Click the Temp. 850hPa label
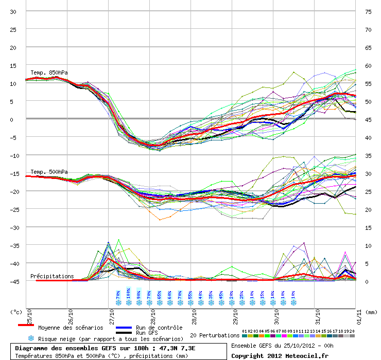coord(49,73)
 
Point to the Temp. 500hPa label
coord(49,172)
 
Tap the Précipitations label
coord(52,276)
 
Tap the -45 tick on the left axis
coord(13,282)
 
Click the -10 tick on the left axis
coord(13,156)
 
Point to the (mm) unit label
coord(372,312)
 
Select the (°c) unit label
coord(17,312)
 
